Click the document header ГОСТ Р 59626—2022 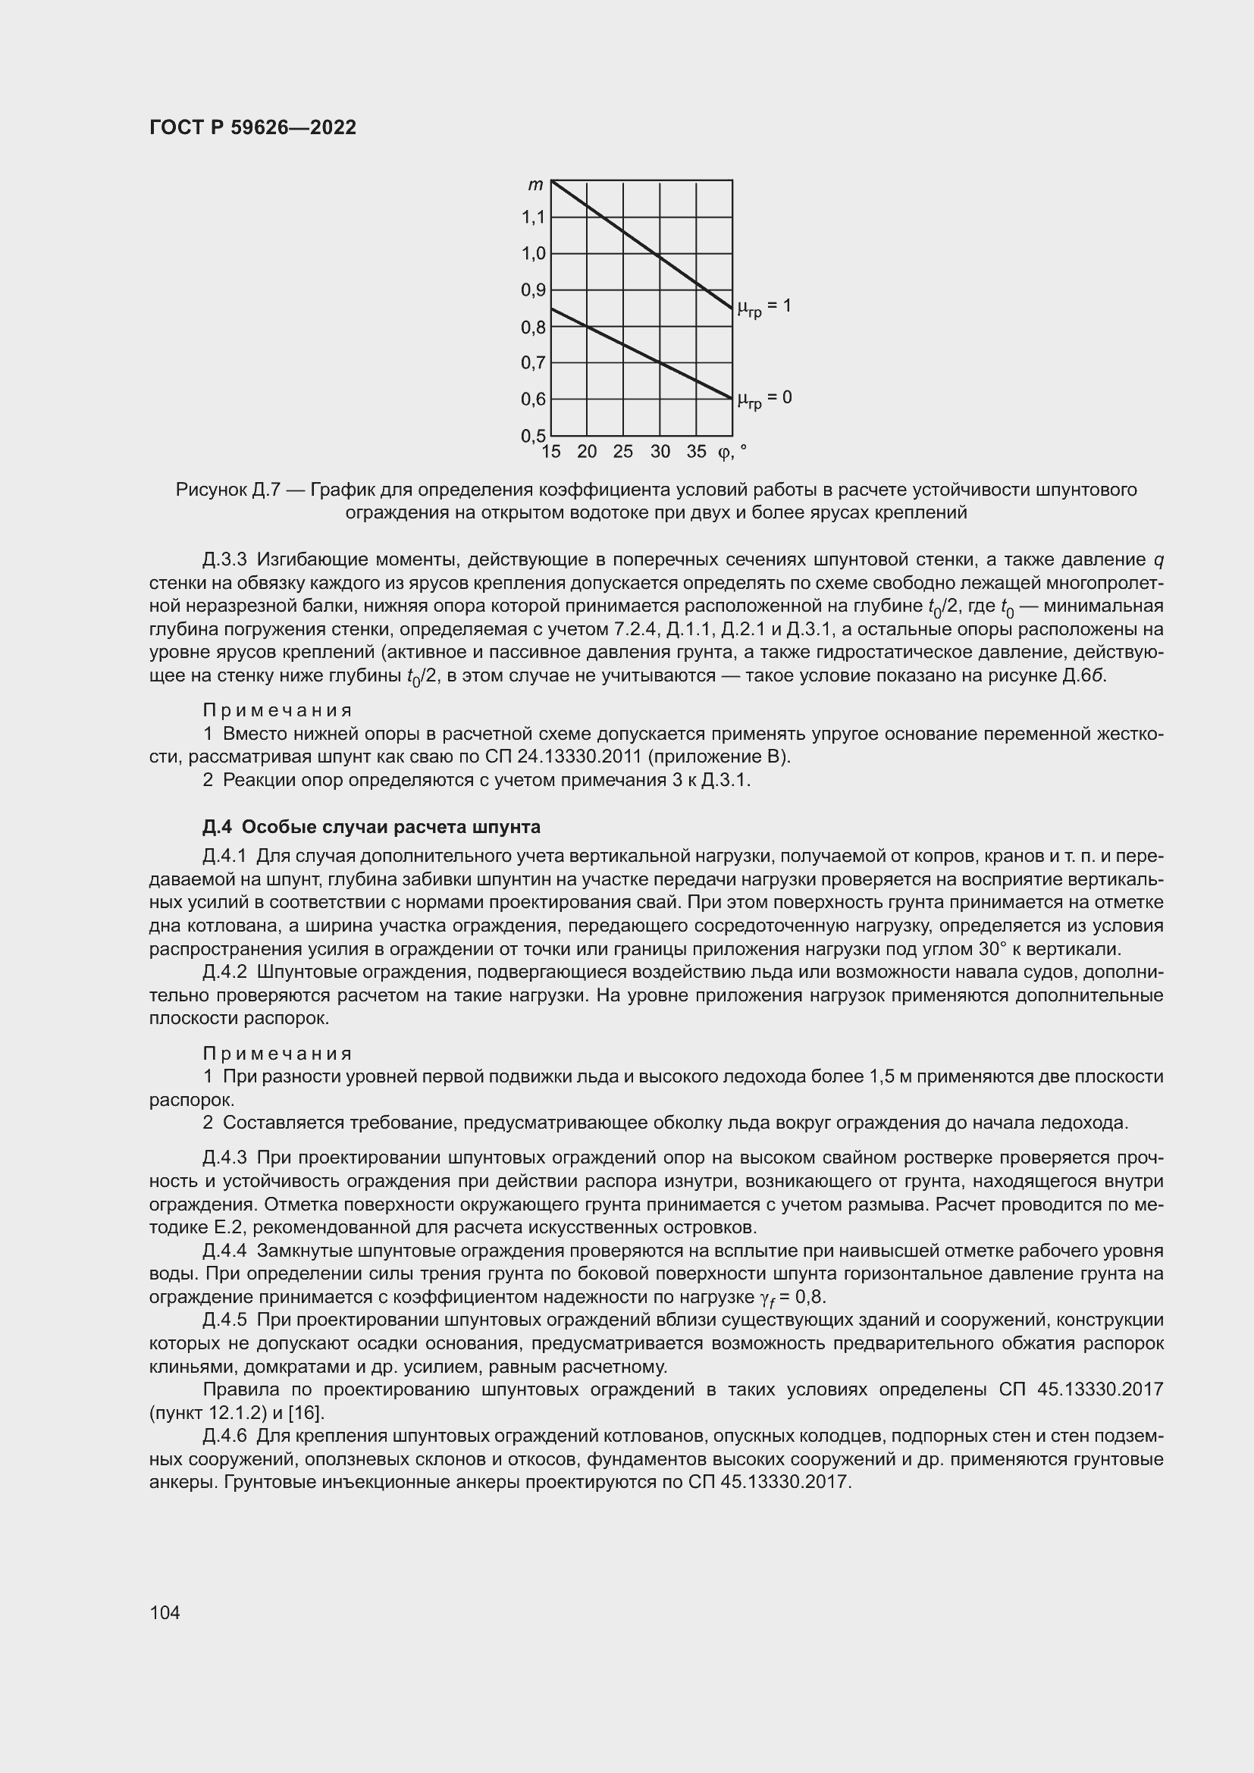click(252, 127)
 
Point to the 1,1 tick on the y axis click(534, 218)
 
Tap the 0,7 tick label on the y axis click(534, 363)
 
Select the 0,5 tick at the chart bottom click(534, 436)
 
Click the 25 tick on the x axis click(623, 453)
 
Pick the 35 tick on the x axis click(697, 453)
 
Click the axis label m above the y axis click(535, 184)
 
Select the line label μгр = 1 click(763, 307)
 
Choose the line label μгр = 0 click(763, 399)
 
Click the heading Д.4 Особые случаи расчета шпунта click(371, 827)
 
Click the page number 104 click(165, 1612)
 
